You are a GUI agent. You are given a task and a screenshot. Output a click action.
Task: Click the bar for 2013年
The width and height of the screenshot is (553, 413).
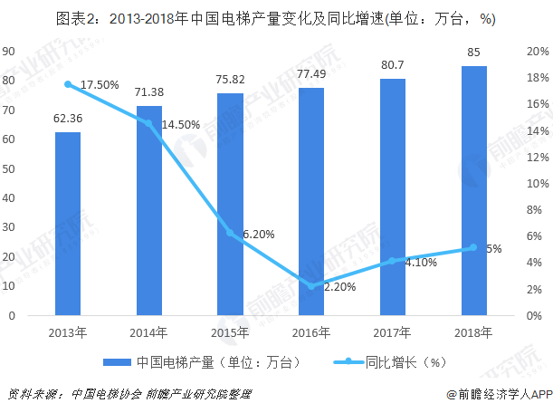pyautogui.click(x=68, y=224)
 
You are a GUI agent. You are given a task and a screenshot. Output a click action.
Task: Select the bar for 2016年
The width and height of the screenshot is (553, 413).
pyautogui.click(x=311, y=202)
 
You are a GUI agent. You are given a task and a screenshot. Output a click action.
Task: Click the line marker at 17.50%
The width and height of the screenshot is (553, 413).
pyautogui.click(x=68, y=84)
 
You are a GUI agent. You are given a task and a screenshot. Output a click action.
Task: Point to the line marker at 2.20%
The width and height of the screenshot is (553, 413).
pyautogui.click(x=311, y=286)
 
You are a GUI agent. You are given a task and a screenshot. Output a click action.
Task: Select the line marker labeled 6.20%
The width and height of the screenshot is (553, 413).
pyautogui.click(x=231, y=234)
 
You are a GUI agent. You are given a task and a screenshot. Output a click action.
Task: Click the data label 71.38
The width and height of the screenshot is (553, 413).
pyautogui.click(x=149, y=93)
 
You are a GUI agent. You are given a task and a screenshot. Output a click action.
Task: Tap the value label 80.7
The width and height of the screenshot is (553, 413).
pyautogui.click(x=393, y=65)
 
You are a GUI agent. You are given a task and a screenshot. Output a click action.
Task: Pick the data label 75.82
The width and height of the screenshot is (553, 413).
pyautogui.click(x=231, y=80)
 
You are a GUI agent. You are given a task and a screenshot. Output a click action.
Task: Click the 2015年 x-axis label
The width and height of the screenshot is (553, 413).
pyautogui.click(x=231, y=332)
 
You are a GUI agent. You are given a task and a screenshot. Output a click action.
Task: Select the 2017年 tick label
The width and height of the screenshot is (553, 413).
pyautogui.click(x=393, y=332)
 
